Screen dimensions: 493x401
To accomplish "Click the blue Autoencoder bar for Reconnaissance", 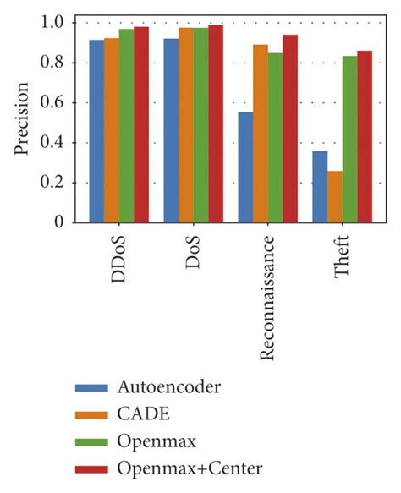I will click(245, 167).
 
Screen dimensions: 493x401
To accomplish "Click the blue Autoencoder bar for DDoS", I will click(96, 131).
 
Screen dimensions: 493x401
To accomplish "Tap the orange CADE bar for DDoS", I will click(111, 130).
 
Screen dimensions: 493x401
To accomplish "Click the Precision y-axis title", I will click(23, 118).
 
